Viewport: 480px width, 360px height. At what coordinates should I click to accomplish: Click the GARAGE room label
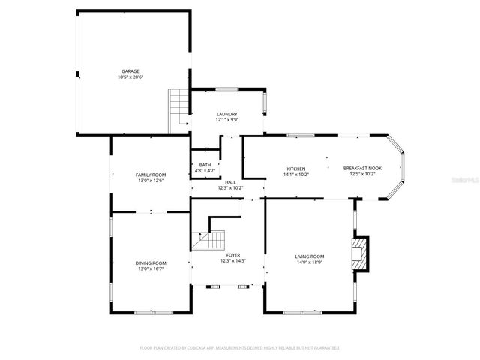(x=130, y=71)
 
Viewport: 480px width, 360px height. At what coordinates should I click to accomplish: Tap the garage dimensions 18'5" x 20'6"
(x=130, y=77)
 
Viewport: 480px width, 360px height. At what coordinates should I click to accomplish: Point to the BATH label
(x=205, y=165)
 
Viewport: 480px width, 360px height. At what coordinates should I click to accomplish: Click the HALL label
(x=230, y=182)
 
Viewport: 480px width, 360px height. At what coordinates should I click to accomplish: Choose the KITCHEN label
(x=295, y=169)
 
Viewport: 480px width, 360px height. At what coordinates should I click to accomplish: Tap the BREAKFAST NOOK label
(x=362, y=169)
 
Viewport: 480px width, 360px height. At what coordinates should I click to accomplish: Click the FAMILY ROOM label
(x=150, y=175)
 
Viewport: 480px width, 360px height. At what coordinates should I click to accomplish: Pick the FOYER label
(x=233, y=256)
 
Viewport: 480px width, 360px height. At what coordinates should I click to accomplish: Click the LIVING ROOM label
(x=309, y=256)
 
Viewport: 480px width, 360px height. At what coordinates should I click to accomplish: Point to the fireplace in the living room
(x=361, y=253)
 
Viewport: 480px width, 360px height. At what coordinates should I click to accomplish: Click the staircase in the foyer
(x=211, y=241)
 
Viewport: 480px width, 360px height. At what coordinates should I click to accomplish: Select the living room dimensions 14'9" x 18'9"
(x=309, y=262)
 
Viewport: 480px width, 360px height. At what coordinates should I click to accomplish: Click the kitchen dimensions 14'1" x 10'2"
(x=295, y=175)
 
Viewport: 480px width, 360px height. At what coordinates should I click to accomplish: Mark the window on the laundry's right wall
(x=264, y=103)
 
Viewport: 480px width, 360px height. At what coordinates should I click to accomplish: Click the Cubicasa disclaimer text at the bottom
(x=240, y=348)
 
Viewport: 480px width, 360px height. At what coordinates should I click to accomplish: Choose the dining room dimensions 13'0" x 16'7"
(x=150, y=268)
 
